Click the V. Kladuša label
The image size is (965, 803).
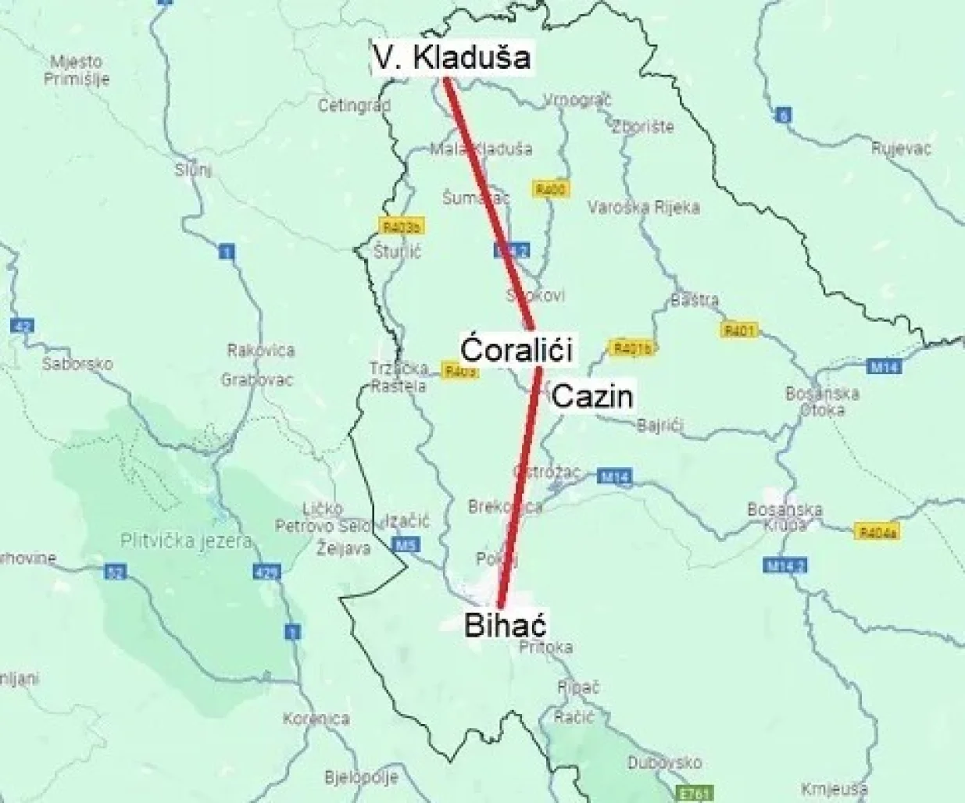451,57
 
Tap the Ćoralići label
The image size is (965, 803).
516,348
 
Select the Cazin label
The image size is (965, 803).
592,397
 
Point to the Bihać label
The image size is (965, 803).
504,625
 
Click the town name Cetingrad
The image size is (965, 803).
354,105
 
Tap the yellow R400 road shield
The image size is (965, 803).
551,189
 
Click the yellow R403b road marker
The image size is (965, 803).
402,227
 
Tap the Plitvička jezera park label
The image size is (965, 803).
186,541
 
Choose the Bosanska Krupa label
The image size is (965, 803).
785,516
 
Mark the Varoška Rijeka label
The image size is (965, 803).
643,207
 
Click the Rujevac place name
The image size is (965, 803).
901,148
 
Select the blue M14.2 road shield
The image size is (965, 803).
784,564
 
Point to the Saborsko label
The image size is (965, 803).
77,363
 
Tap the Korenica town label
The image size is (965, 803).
316,719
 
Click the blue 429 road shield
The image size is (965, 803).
265,572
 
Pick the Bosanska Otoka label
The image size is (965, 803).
822,401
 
